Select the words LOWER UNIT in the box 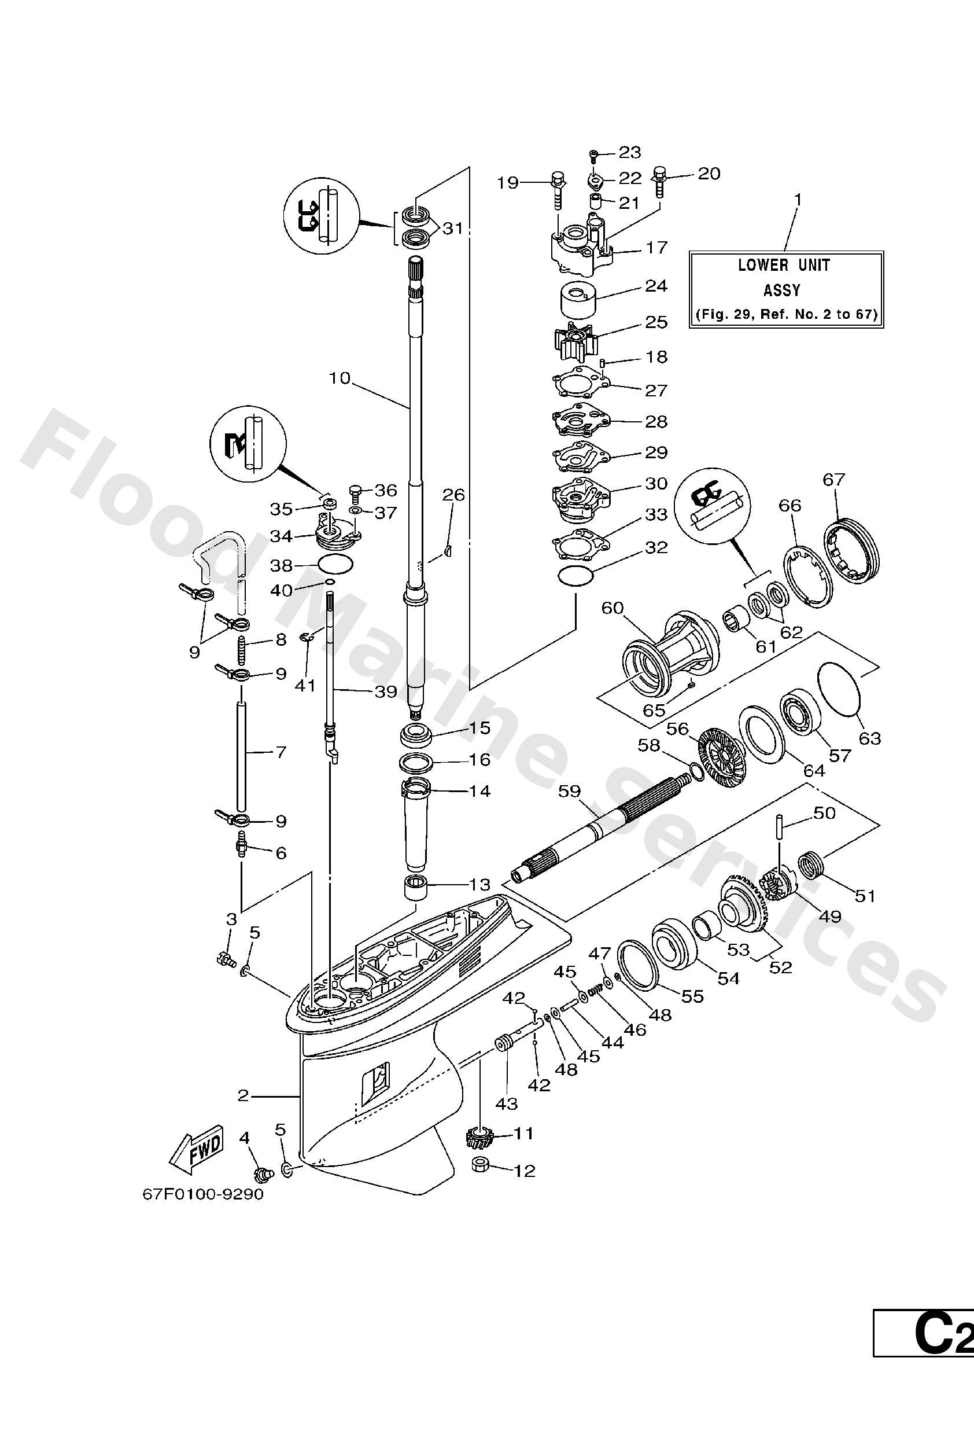784,265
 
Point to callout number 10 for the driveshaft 339,378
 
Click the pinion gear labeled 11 478,1136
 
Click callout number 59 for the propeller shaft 569,791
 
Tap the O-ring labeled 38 335,564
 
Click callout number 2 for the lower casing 243,1095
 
